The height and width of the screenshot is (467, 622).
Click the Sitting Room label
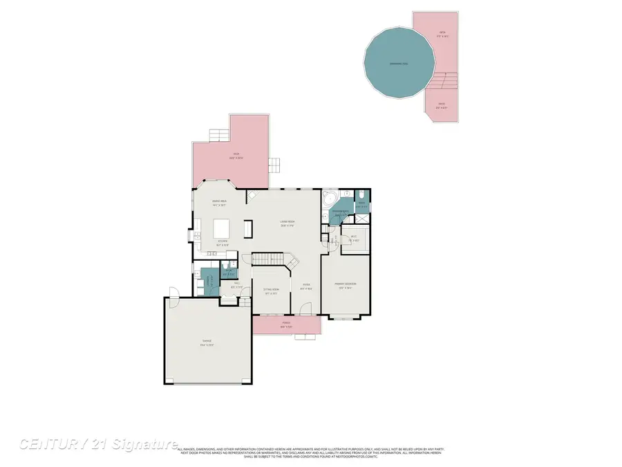click(270, 291)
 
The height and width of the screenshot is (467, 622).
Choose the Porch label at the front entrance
click(286, 324)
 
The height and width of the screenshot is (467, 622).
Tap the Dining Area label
click(219, 203)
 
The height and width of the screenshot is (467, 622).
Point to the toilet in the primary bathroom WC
click(361, 194)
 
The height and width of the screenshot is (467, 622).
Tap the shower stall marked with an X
click(364, 206)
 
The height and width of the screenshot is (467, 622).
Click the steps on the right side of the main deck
click(275, 165)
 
